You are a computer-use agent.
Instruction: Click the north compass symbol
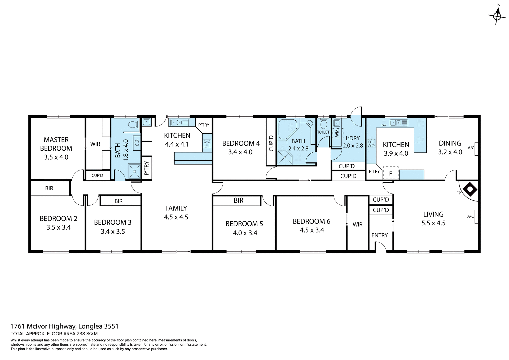(x=497, y=16)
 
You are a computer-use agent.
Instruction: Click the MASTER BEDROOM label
(x=56, y=144)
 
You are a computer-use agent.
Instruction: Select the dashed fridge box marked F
(x=390, y=173)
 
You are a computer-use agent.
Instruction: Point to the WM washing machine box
(x=337, y=133)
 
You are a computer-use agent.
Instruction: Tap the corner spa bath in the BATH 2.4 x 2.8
(x=287, y=129)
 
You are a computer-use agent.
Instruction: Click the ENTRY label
(x=379, y=235)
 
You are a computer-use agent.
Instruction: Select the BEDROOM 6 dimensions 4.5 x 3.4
(x=312, y=230)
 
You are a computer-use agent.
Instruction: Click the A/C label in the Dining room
(x=471, y=148)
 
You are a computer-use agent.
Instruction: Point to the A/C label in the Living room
(x=470, y=216)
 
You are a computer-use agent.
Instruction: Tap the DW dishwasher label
(x=384, y=125)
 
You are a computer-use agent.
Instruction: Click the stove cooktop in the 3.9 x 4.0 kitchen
(x=371, y=144)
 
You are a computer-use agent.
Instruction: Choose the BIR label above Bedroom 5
(x=238, y=200)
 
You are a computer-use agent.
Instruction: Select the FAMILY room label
(x=176, y=208)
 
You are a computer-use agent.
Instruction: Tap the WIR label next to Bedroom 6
(x=357, y=225)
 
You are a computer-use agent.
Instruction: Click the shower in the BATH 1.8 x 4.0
(x=134, y=171)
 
